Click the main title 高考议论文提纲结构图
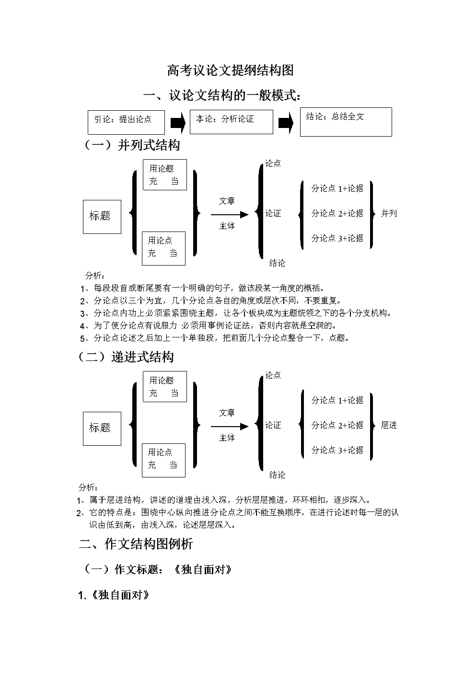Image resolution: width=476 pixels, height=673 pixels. [x=230, y=71]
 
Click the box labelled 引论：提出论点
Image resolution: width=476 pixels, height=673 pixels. [x=126, y=122]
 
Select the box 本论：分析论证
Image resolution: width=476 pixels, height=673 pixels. [x=231, y=122]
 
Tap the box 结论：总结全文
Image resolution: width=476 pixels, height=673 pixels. [x=346, y=122]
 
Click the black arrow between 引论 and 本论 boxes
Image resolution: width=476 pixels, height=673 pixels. [x=178, y=123]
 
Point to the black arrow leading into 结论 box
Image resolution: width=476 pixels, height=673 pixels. [x=286, y=123]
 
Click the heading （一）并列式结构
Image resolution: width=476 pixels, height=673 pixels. [x=132, y=145]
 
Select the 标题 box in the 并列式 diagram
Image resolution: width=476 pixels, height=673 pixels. [x=102, y=216]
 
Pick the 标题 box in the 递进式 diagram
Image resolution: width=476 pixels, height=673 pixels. [x=102, y=428]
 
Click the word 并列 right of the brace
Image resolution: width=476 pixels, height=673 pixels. [x=389, y=213]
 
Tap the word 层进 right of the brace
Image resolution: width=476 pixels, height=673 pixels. [x=389, y=425]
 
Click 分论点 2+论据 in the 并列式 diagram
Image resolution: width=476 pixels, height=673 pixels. [x=337, y=213]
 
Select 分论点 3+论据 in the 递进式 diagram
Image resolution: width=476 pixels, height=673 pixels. [x=337, y=450]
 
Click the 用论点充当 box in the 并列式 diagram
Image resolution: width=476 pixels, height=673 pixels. [x=163, y=248]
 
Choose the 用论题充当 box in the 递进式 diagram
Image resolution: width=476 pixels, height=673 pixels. [x=164, y=386]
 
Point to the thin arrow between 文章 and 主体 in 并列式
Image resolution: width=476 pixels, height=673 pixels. [x=230, y=214]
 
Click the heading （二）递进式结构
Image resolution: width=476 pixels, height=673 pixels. [x=126, y=357]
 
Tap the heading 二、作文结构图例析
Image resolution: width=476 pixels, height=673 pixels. [x=136, y=544]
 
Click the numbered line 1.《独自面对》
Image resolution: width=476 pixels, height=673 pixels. [x=114, y=596]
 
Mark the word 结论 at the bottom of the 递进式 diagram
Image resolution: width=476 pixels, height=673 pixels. [x=277, y=475]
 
